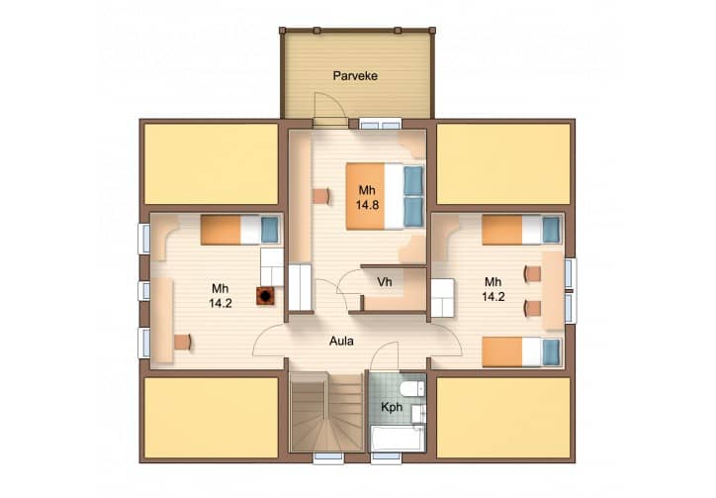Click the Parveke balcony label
(x=355, y=75)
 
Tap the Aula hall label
(x=341, y=342)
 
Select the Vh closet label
(x=385, y=282)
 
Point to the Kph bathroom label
(x=392, y=407)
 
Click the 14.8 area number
(x=368, y=205)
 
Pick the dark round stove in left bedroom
(x=265, y=296)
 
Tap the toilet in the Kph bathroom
(x=412, y=389)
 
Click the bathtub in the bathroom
(x=398, y=439)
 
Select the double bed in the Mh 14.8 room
(x=385, y=196)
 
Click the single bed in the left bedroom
(x=239, y=230)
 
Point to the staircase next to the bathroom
(x=327, y=412)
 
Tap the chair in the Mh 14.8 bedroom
(x=322, y=196)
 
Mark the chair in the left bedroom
(x=183, y=342)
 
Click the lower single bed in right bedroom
(x=521, y=352)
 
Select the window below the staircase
(x=328, y=457)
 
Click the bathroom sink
(x=418, y=414)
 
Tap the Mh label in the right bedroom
(x=493, y=282)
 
